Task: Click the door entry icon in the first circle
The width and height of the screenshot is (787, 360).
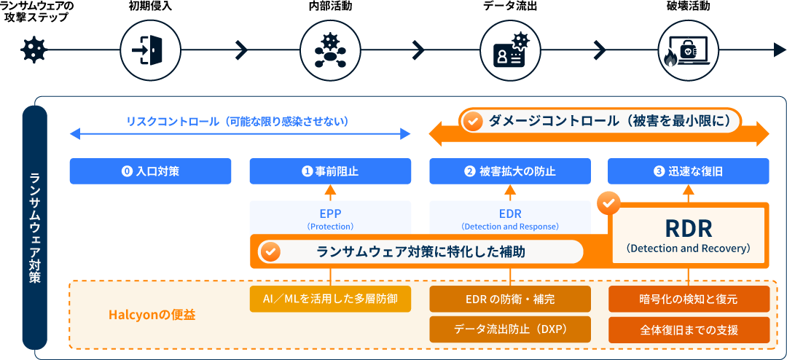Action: pos(149,50)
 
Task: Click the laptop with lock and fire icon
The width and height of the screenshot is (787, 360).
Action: pos(689,50)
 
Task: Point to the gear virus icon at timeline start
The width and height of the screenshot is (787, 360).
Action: pos(33,50)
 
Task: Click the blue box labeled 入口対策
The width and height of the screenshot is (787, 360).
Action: pos(150,171)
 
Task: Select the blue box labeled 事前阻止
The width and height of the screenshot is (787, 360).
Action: pos(330,171)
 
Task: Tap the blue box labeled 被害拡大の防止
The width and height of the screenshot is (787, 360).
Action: pos(510,171)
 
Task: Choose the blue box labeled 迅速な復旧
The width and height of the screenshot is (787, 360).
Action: pos(689,171)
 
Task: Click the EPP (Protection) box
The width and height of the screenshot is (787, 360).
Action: pos(330,218)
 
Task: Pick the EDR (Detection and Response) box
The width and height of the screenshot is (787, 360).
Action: pos(510,218)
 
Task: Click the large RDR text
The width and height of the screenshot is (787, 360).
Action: pos(688,228)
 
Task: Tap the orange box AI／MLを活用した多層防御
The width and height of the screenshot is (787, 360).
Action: pos(330,299)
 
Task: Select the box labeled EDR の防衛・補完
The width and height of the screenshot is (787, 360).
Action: pos(510,299)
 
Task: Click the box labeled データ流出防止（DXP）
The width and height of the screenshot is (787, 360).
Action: pos(510,329)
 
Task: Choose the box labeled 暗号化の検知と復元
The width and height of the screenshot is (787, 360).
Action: pos(689,299)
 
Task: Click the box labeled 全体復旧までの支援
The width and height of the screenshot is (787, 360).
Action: pos(689,329)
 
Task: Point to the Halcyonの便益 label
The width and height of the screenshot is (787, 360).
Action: pos(152,315)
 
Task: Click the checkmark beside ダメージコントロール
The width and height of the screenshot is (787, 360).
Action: pos(472,121)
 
